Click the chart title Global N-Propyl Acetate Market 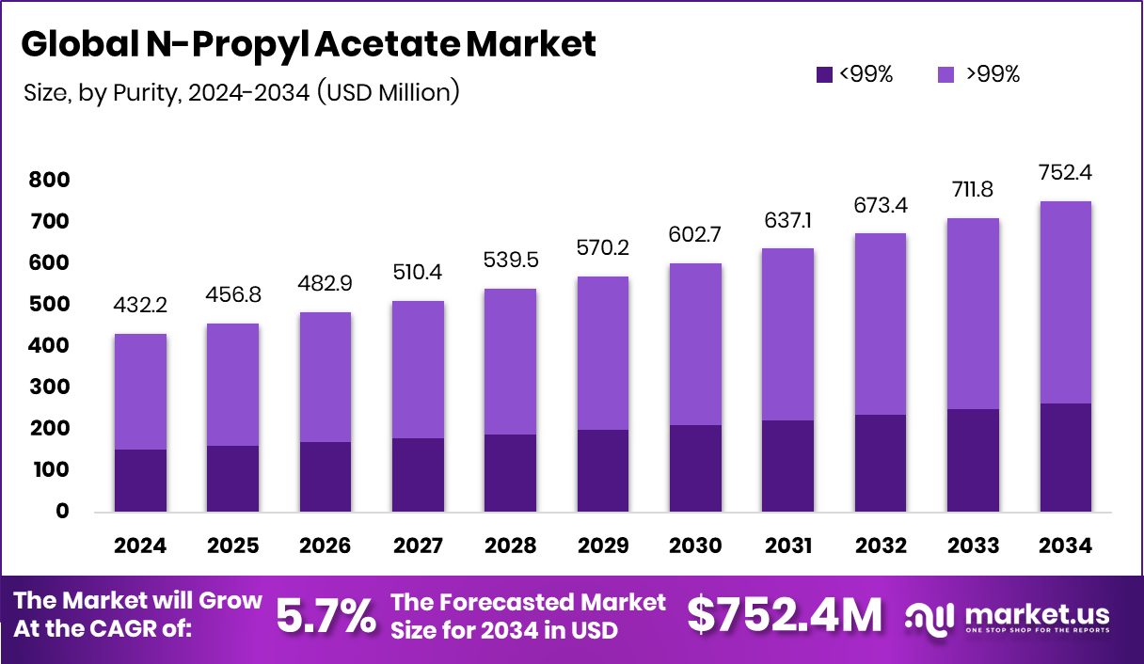click(309, 44)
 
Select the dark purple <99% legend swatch click(824, 74)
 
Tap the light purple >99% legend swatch click(947, 74)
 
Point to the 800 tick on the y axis click(49, 180)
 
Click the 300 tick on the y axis click(49, 387)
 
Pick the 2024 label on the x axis click(141, 546)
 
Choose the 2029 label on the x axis click(601, 546)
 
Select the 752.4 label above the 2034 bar click(1065, 173)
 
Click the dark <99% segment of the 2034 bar click(1065, 458)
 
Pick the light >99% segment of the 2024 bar click(141, 391)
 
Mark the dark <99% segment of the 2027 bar click(417, 475)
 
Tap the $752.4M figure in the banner click(785, 616)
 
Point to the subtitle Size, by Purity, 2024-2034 click(240, 92)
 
